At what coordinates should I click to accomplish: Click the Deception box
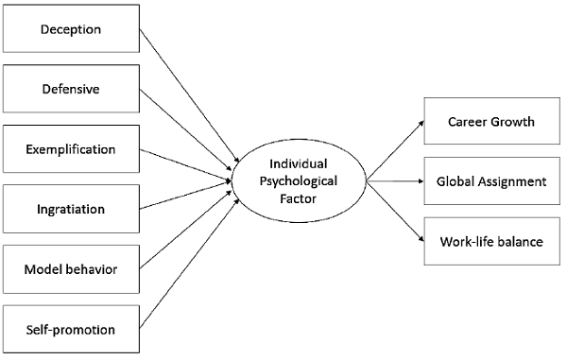click(71, 28)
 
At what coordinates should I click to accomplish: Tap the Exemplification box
click(71, 149)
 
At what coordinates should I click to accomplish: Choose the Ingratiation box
click(71, 209)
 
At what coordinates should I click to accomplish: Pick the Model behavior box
click(71, 269)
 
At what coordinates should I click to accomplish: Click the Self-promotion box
click(71, 329)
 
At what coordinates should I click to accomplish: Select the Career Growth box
click(491, 122)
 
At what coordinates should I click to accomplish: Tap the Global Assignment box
click(491, 180)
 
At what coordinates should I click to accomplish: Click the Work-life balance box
click(491, 241)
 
